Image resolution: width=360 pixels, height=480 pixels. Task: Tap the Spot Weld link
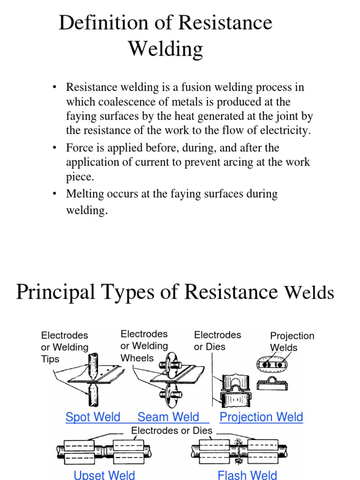pyautogui.click(x=93, y=417)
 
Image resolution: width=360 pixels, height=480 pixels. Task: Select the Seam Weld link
pyautogui.click(x=168, y=417)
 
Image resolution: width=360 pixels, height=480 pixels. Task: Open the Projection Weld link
pyautogui.click(x=261, y=417)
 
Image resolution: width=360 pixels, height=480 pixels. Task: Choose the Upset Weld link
pyautogui.click(x=104, y=474)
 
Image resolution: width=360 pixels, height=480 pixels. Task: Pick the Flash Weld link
pyautogui.click(x=247, y=474)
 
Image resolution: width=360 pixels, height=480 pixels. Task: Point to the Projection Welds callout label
pyautogui.click(x=292, y=342)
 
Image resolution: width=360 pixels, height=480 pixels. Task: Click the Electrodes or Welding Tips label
pyautogui.click(x=65, y=347)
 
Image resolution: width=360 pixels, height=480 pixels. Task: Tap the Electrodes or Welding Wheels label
pyautogui.click(x=144, y=345)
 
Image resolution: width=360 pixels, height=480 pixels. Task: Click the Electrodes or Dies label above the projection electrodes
pyautogui.click(x=217, y=341)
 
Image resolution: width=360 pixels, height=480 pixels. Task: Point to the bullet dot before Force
pyautogui.click(x=55, y=148)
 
